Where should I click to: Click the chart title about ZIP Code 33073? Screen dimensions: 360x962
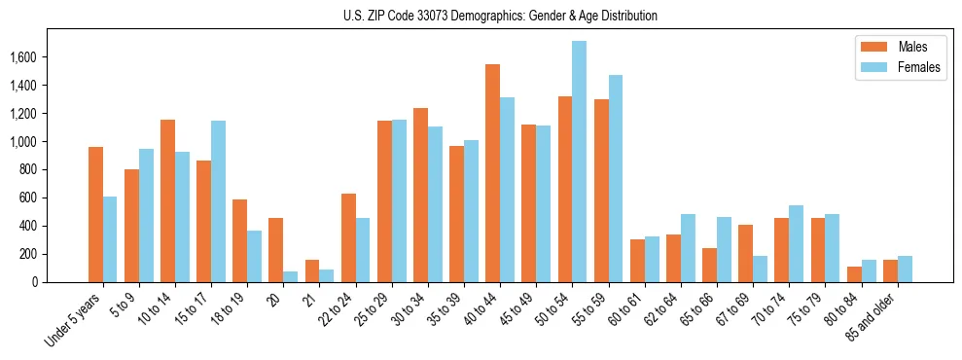(x=500, y=16)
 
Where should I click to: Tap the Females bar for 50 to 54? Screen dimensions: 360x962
(x=579, y=162)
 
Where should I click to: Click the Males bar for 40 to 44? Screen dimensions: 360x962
(x=492, y=173)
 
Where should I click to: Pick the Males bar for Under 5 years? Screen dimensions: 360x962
(x=95, y=214)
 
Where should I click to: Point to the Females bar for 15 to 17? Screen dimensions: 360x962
(x=218, y=201)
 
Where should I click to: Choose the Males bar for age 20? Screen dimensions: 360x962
(x=276, y=250)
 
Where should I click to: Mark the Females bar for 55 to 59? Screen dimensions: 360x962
(x=615, y=178)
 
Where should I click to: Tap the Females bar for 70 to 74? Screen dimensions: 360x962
(x=796, y=243)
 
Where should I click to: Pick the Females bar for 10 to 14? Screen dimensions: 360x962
(x=182, y=217)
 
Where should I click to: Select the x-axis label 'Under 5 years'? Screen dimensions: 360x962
(x=73, y=320)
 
